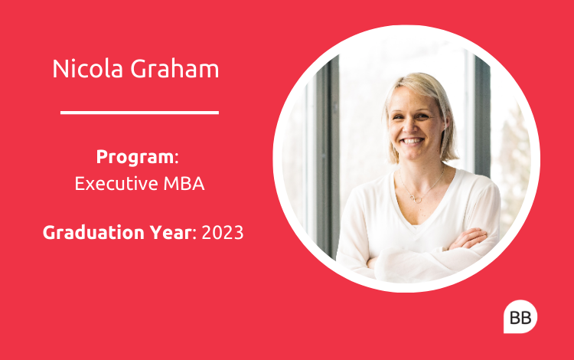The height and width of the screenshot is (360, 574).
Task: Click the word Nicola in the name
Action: [x=87, y=68]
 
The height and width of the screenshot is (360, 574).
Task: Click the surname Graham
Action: [x=174, y=68]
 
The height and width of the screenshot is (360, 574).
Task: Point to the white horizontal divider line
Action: [x=139, y=113]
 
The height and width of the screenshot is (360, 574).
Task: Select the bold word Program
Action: [x=135, y=157]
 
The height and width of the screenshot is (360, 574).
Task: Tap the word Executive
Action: [x=116, y=183]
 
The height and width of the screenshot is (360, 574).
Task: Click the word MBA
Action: [x=184, y=184]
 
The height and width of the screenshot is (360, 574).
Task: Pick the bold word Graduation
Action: [x=93, y=233]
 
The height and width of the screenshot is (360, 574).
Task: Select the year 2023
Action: [x=223, y=233]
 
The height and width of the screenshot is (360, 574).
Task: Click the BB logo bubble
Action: [x=520, y=317]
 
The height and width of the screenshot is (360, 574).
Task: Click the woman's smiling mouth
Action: [x=413, y=141]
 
